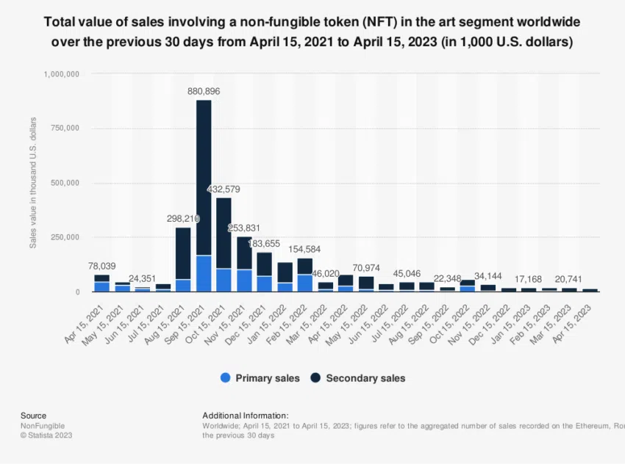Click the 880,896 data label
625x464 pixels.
click(204, 91)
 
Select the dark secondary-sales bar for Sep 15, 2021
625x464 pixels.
click(204, 176)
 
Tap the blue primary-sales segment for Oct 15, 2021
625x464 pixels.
click(224, 280)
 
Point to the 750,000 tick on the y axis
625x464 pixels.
click(65, 128)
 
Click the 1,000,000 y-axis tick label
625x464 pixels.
click(61, 74)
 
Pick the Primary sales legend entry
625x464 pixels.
click(260, 378)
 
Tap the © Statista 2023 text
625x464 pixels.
click(46, 435)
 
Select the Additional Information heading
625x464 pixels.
click(246, 416)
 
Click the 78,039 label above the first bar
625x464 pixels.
click(102, 266)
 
